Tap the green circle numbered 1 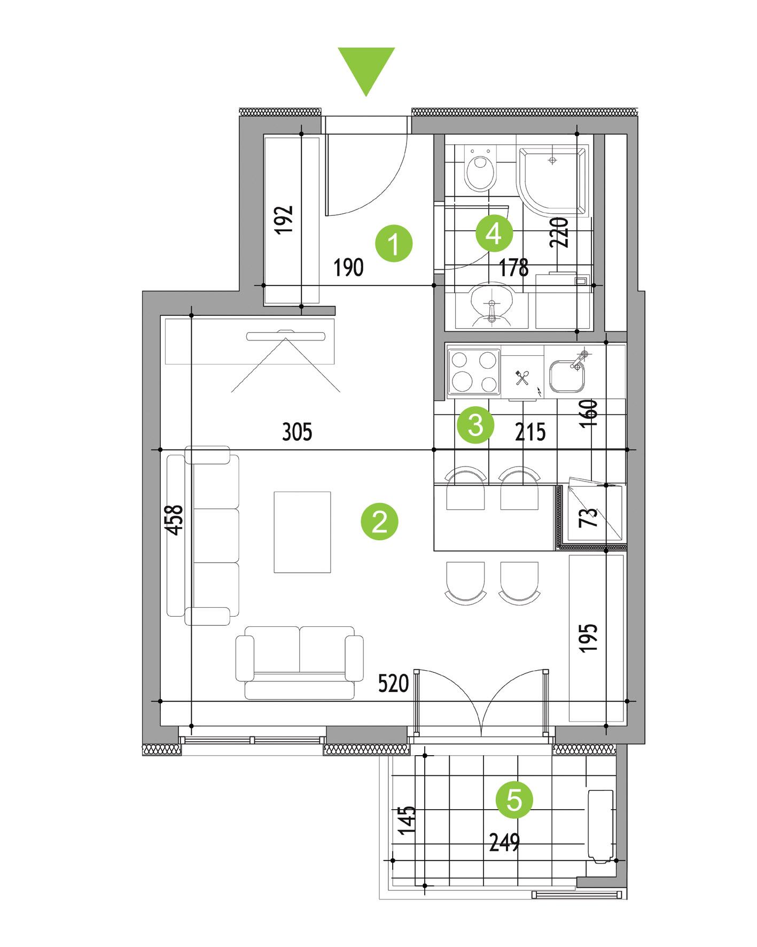pyautogui.click(x=394, y=244)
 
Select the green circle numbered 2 pyautogui.click(x=380, y=522)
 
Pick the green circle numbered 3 pyautogui.click(x=475, y=426)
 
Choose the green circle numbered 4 pyautogui.click(x=494, y=233)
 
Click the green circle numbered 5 pyautogui.click(x=514, y=800)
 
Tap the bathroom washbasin pyautogui.click(x=491, y=305)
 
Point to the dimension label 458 pyautogui.click(x=175, y=520)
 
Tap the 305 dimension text pyautogui.click(x=297, y=431)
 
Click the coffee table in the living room pyautogui.click(x=302, y=532)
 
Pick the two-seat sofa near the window pyautogui.click(x=299, y=662)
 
